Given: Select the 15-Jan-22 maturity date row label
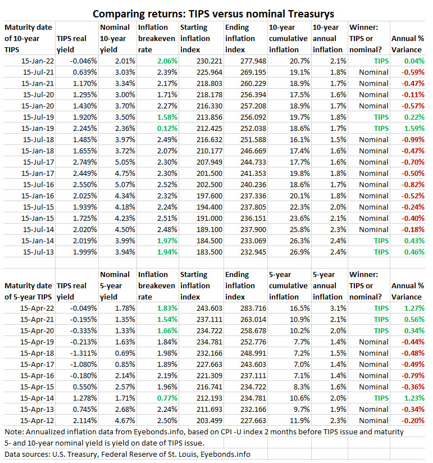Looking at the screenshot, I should pos(37,61).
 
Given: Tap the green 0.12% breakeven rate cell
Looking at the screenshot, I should pos(166,128).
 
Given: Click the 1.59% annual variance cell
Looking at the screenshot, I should pos(413,128).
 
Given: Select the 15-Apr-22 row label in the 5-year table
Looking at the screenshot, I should pos(37,308).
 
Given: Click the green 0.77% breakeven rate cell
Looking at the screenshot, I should pos(166,398).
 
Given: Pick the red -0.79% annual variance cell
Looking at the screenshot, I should pos(413,375).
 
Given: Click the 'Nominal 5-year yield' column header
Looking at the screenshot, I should pos(116,285).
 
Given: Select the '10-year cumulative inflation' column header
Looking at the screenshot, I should pos(288,38).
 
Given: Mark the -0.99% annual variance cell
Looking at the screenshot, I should pos(413,139).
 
